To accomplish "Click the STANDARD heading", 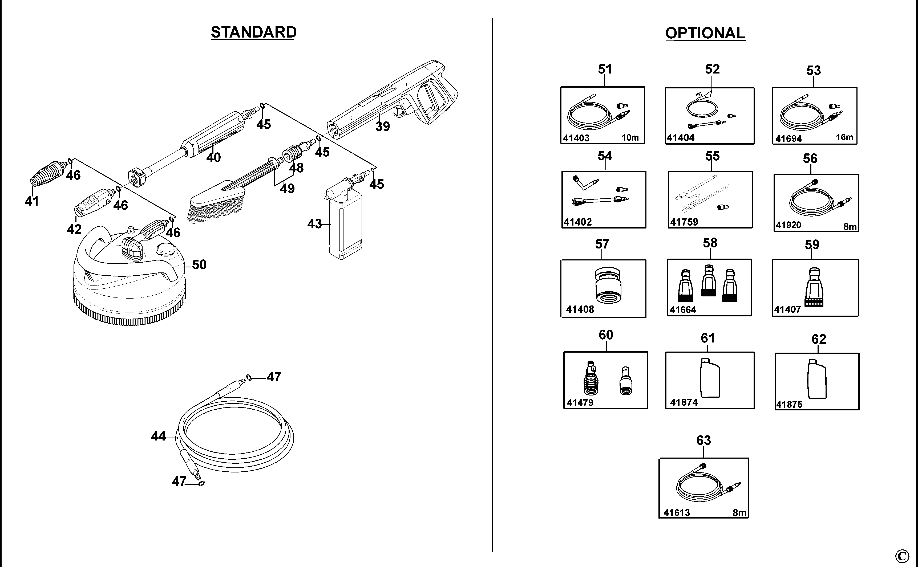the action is point(254,32).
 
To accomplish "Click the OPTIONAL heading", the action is point(705,33).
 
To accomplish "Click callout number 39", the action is point(383,127).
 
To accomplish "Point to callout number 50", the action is point(199,264).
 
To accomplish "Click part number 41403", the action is point(576,138).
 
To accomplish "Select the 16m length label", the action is point(844,137).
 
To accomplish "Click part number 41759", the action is point(684,222).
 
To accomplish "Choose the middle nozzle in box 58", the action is point(708,280).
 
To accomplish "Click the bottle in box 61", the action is point(710,378).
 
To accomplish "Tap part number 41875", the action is point(789,404).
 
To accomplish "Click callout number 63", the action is point(704,440).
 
